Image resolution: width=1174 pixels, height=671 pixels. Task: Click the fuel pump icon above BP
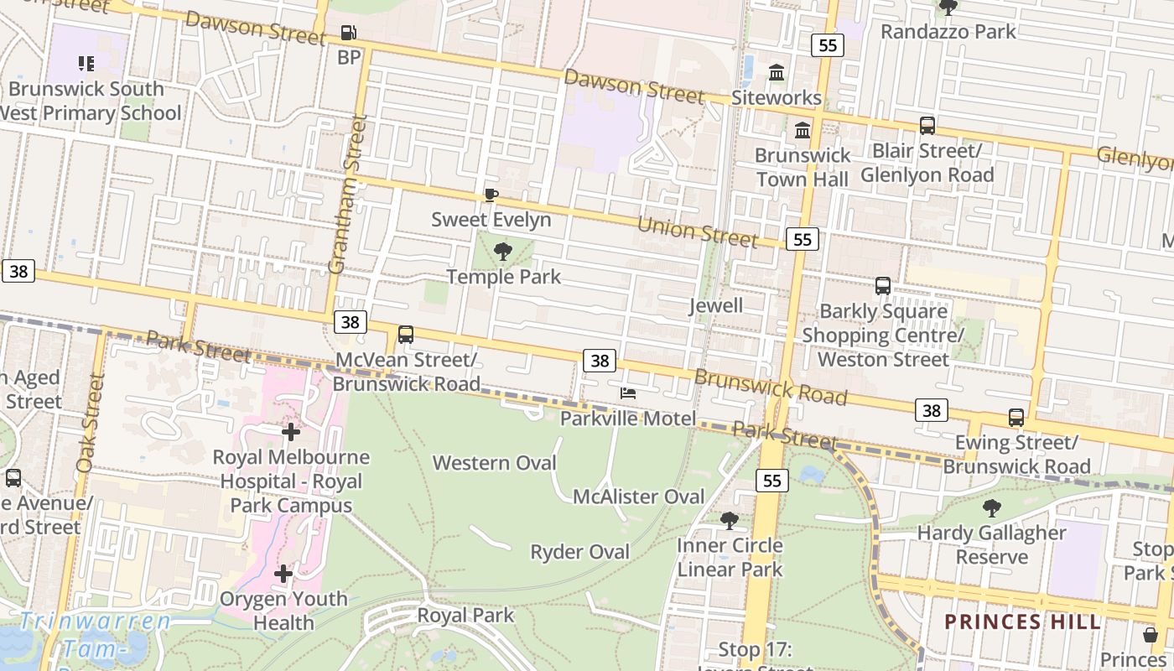(x=348, y=34)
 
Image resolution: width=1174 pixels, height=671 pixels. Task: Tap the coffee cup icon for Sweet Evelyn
(x=491, y=195)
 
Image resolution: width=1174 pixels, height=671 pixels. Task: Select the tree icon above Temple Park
(x=503, y=251)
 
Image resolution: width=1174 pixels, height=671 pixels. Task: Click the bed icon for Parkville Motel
(x=627, y=393)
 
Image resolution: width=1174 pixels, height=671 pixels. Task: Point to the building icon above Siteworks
(x=777, y=73)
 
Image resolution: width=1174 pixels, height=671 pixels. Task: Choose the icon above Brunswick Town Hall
(x=803, y=130)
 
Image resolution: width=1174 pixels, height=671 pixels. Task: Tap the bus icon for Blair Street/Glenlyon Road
(x=927, y=126)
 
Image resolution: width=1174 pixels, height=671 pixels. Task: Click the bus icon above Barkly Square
(x=883, y=286)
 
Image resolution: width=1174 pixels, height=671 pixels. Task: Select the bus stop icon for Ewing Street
(x=1016, y=417)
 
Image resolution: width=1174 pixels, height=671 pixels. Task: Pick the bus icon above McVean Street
(x=406, y=335)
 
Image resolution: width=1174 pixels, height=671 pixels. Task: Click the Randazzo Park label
(x=948, y=32)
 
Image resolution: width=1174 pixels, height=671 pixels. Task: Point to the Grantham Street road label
(x=347, y=195)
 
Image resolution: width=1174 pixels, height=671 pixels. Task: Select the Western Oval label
(x=494, y=463)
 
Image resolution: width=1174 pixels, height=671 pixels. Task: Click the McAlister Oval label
(x=638, y=497)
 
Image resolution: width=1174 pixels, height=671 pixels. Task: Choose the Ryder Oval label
(x=579, y=552)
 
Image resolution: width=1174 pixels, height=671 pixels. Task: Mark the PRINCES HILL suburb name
(x=1021, y=622)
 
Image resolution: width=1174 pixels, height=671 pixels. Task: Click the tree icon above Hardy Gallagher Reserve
(x=992, y=507)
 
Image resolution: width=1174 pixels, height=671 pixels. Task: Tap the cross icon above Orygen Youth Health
(x=283, y=574)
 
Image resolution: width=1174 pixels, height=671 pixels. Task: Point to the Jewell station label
(x=715, y=305)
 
